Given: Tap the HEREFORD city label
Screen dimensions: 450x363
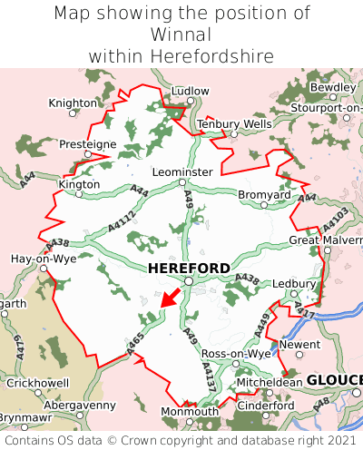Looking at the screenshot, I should (x=188, y=268).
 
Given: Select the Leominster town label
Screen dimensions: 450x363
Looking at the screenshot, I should (x=182, y=171).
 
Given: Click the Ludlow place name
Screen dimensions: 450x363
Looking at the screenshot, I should (x=190, y=91).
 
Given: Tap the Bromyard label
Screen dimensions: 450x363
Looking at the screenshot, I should (x=264, y=194).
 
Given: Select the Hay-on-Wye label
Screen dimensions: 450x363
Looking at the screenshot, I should (x=43, y=259).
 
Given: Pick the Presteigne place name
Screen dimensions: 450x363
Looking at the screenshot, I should (x=88, y=144).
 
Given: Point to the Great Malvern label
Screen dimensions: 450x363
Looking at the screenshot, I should (x=325, y=240).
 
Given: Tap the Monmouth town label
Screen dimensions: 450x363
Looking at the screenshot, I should (x=189, y=411).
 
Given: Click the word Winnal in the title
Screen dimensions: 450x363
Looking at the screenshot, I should (x=181, y=34).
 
